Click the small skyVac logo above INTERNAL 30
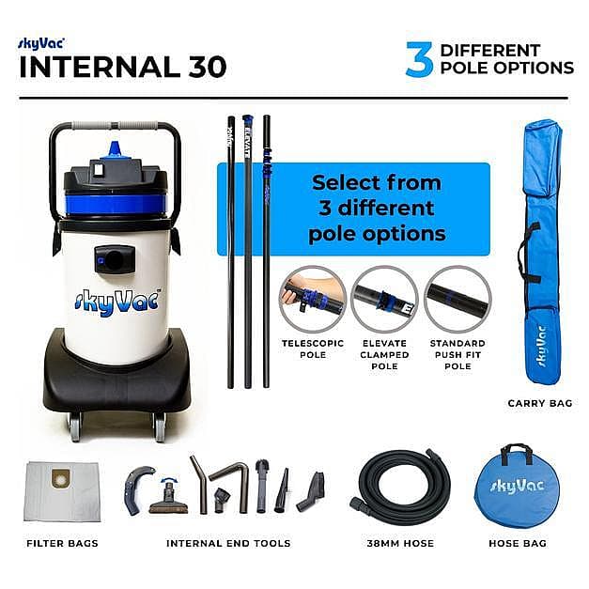(41, 43)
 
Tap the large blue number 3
(420, 59)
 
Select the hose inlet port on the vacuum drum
(115, 259)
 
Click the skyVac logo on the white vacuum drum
(117, 301)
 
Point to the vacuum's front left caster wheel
(74, 426)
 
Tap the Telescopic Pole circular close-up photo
(313, 299)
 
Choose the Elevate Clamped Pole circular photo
(384, 299)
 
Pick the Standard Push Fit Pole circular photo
(457, 299)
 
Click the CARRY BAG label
(540, 403)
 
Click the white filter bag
(62, 491)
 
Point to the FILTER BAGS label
(62, 544)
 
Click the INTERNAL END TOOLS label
(228, 544)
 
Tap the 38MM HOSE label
(400, 544)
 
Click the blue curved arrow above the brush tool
(169, 480)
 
